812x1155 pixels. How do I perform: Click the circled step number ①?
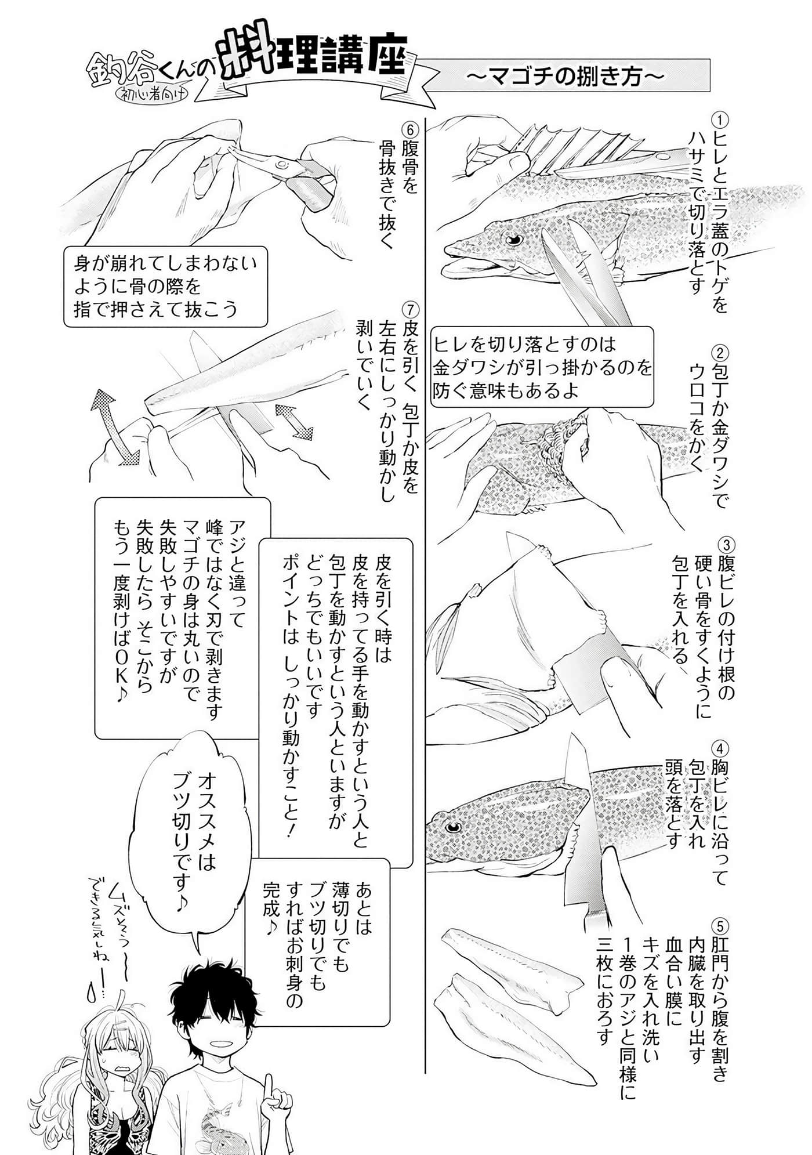[719, 120]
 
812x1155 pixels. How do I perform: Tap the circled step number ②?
[719, 352]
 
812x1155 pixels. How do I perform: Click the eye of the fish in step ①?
[513, 239]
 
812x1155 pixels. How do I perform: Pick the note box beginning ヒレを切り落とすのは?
[543, 368]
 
